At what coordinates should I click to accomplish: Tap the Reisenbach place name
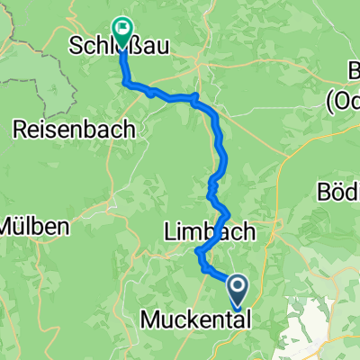pos(75,130)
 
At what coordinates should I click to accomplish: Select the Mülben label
pos(33,226)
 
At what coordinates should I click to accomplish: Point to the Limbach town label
pos(209,232)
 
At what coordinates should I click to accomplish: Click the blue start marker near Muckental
pos(238,289)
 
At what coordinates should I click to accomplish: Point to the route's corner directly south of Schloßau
pos(124,83)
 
